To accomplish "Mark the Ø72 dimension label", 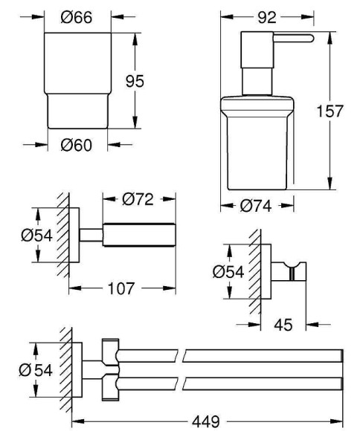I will [x=139, y=199].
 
